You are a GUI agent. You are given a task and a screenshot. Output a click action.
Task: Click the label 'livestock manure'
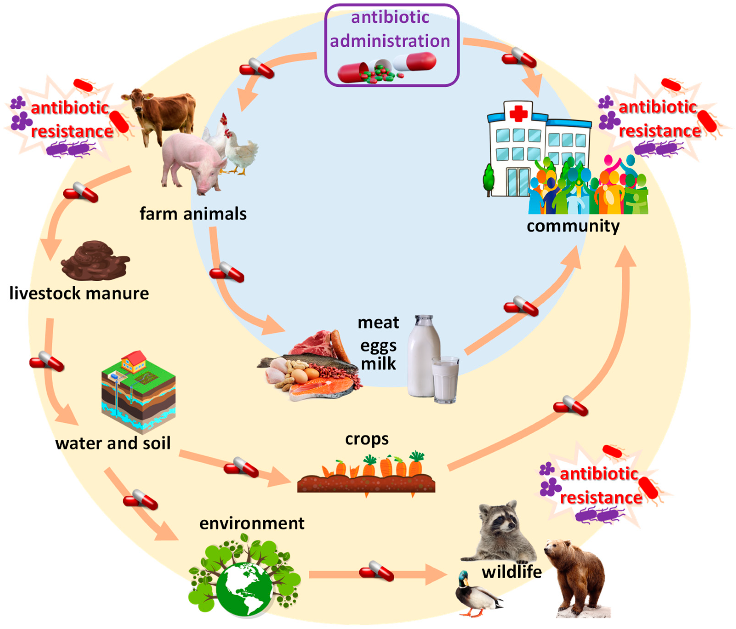79,293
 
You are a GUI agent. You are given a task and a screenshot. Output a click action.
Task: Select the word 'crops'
367,439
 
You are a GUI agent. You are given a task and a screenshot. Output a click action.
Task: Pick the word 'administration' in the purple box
390,41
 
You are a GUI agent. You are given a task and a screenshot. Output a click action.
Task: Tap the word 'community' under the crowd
573,226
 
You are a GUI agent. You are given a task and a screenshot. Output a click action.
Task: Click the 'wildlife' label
512,572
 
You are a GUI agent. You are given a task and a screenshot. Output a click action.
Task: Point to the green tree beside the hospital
489,179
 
